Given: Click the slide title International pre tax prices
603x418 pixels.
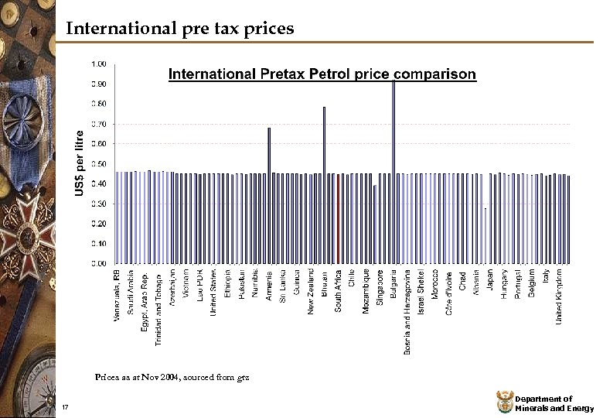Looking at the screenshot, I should click(179, 29).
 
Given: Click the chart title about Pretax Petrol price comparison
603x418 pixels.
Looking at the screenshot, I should click(322, 74).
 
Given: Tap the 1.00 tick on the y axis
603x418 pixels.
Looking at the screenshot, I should click(100, 63).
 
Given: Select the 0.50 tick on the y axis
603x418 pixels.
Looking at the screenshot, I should click(100, 164).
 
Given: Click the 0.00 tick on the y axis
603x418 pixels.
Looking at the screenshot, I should click(100, 263).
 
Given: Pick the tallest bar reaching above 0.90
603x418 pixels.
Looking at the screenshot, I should click(393, 170).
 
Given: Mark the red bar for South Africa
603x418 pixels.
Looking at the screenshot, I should click(338, 218).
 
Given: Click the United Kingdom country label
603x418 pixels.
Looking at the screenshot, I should click(560, 296).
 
